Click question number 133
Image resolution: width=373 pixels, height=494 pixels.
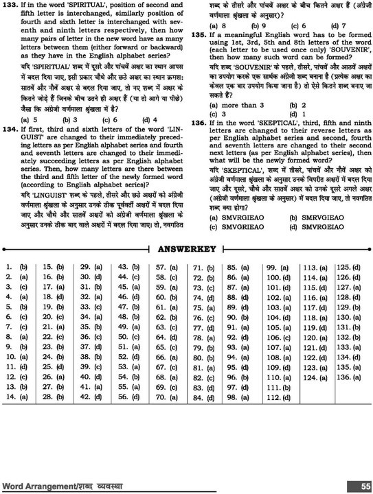click(x=10, y=5)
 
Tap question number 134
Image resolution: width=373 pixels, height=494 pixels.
click(x=10, y=128)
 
